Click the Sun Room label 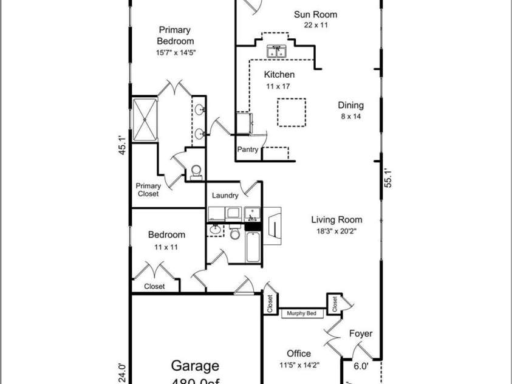click(x=315, y=15)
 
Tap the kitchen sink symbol click(x=276, y=52)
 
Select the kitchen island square click(x=291, y=112)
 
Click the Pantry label click(x=248, y=149)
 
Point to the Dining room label click(x=350, y=105)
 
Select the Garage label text click(x=194, y=366)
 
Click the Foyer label click(x=360, y=334)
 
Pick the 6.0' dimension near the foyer click(x=361, y=366)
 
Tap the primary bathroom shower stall click(x=145, y=120)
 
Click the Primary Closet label click(x=148, y=190)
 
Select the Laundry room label click(x=225, y=196)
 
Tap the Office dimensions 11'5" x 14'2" click(x=299, y=365)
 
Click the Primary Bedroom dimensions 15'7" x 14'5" click(x=176, y=52)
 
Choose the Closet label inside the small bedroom click(x=154, y=286)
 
